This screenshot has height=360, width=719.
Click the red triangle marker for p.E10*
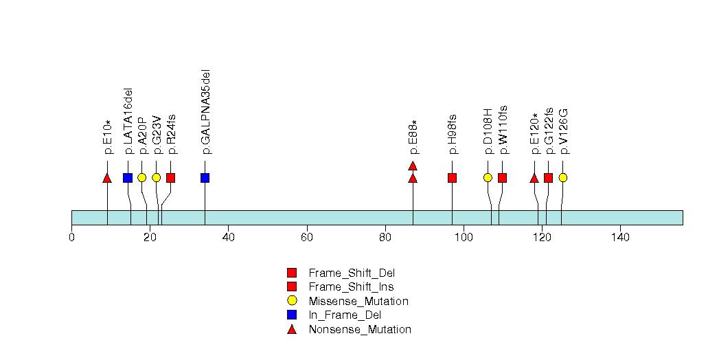pos(107,179)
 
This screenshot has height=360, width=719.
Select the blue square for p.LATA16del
pos(127,178)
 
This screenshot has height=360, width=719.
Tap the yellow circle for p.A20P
pos(141,177)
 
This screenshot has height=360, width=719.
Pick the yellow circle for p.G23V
pos(156,177)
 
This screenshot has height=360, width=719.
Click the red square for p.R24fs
pos(170,178)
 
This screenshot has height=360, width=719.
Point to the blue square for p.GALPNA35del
pos(205,178)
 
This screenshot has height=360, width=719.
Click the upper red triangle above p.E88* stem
pos(413,166)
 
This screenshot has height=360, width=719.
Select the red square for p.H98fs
pos(452,178)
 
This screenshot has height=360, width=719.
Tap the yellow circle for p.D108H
pos(488,177)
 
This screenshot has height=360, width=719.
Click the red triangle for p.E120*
pos(534,179)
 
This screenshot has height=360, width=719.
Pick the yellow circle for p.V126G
pos(563,177)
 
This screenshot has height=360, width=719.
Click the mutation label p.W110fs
pos(503,130)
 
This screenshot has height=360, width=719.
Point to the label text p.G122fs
pos(549,131)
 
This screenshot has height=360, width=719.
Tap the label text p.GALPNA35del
pos(205,111)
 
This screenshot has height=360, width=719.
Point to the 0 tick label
pos(72,238)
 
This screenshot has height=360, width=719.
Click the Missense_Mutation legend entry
pos(358,302)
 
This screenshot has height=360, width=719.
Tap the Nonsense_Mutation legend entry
pos(359,330)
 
